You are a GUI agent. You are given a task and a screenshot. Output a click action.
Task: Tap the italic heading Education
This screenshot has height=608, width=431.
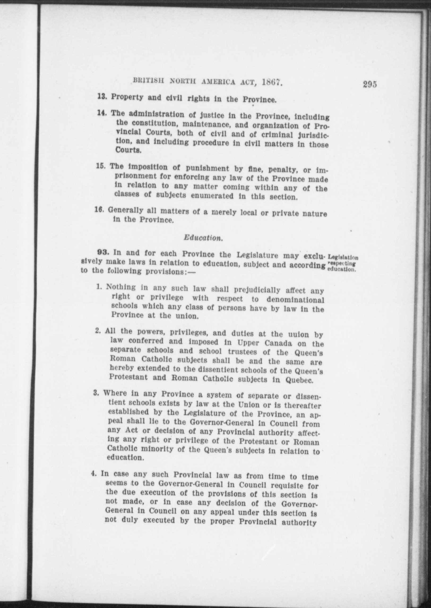tap(203, 238)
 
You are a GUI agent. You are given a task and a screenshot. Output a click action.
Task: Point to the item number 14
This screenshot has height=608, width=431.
tap(102, 113)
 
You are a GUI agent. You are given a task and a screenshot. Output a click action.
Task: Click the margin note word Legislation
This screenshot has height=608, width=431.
tap(343, 257)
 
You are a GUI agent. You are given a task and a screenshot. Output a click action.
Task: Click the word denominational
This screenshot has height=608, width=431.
tap(295, 300)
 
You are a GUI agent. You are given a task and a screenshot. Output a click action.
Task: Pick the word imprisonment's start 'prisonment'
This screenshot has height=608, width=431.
tap(136, 176)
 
